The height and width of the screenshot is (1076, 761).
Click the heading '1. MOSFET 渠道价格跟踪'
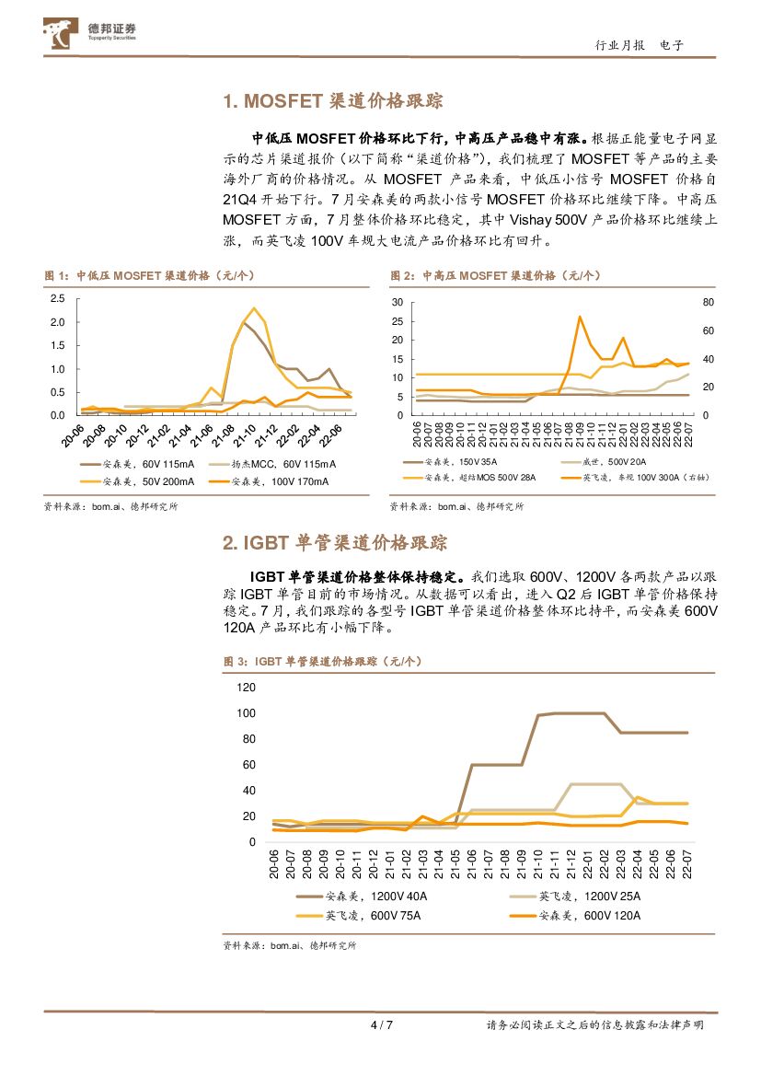[339, 101]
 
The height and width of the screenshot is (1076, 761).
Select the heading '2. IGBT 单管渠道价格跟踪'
[335, 543]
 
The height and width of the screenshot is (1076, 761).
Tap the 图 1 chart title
[149, 276]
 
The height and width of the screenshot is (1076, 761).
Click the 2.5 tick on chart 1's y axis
[57, 298]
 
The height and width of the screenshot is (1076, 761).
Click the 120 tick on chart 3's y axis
[246, 688]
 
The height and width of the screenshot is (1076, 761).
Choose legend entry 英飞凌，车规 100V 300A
[644, 478]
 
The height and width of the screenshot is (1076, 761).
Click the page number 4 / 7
[381, 1025]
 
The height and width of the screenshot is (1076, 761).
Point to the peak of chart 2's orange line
[580, 317]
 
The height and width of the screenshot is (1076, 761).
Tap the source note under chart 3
[290, 945]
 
